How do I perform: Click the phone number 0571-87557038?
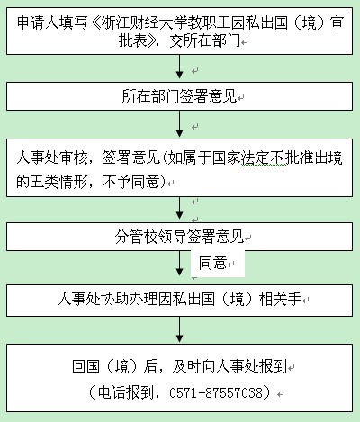216,392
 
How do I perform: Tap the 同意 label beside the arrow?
212,263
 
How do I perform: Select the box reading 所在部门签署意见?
179,96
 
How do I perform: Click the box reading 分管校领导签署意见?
179,237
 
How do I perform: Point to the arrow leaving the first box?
179,67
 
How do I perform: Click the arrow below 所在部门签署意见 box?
179,124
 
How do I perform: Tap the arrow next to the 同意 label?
179,264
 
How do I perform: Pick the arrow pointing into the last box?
179,329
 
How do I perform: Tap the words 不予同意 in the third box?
130,182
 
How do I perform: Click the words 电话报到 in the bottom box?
126,392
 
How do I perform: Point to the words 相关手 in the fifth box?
281,299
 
